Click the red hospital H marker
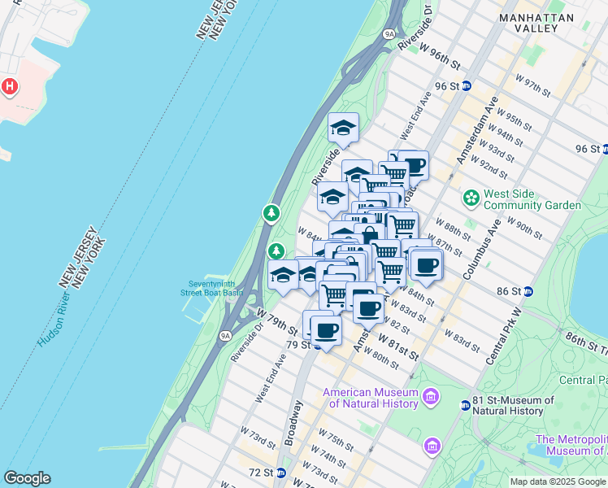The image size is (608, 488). coord(10,85)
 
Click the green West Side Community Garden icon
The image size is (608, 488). coord(471,198)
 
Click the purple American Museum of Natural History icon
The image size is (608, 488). coord(431,398)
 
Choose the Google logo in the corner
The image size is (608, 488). coord(27,478)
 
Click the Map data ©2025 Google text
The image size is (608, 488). coord(558,481)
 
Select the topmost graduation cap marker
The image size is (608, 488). coord(343,128)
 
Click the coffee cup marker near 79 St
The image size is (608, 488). coord(326,330)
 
